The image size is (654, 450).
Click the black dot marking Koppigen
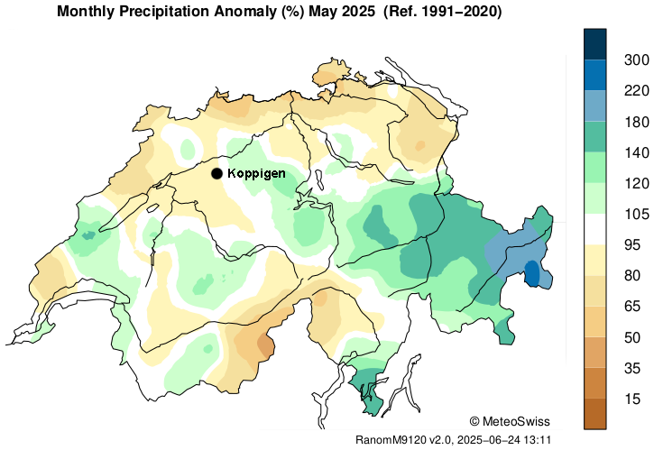coord(216,173)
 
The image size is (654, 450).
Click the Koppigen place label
coord(257,173)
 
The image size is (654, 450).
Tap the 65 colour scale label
coord(633,307)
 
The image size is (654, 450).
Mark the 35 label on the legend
coord(633,368)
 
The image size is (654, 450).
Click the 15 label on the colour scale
coord(633,399)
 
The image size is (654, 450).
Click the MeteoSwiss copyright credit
coord(510,421)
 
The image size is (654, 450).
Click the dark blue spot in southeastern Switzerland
coord(532,272)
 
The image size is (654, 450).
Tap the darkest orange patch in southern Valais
coord(265,344)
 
